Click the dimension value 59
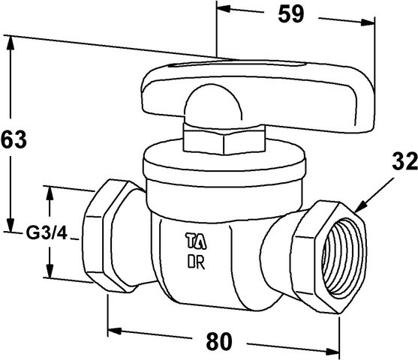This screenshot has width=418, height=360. click(x=291, y=14)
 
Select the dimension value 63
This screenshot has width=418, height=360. click(x=14, y=139)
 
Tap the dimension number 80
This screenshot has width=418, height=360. click(x=219, y=341)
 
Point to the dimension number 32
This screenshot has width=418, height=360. click(x=404, y=161)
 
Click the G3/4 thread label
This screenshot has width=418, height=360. click(x=47, y=234)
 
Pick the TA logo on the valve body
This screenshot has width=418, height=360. click(x=196, y=241)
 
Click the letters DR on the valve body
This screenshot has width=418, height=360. click(x=196, y=262)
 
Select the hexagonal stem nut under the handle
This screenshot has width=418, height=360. click(x=224, y=139)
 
